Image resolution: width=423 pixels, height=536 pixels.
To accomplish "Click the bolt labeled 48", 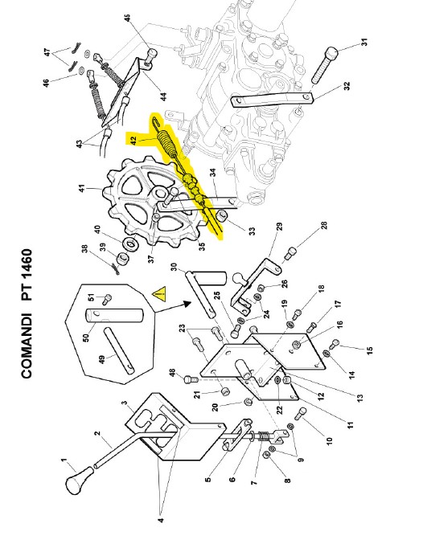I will click(x=191, y=378).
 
